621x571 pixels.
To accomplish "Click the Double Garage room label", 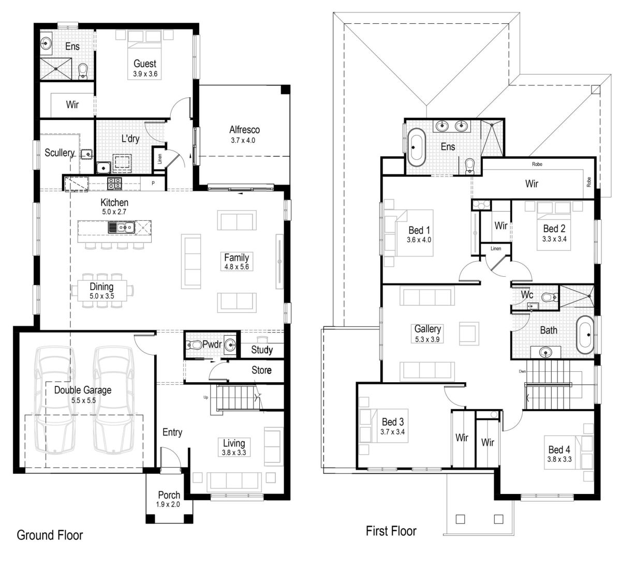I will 83,390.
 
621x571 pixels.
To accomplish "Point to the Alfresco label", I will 244,130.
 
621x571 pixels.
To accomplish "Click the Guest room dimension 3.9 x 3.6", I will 145,74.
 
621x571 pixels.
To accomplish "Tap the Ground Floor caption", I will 50,535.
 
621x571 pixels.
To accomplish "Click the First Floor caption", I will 391,531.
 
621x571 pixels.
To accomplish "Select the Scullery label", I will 60,153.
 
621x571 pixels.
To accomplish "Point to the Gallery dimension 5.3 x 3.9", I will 427,339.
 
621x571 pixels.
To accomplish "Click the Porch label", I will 169,495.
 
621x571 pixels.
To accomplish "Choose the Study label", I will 262,350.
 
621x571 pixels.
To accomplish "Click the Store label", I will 261,370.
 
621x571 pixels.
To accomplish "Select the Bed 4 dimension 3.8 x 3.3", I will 559,459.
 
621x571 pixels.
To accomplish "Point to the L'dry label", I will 130,139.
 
